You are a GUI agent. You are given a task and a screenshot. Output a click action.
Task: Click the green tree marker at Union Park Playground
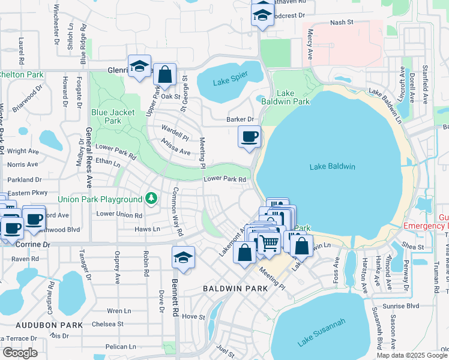(152, 199)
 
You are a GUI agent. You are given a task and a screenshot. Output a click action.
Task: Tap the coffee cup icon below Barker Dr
(250, 136)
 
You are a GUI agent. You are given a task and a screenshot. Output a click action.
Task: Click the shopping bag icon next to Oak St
(165, 75)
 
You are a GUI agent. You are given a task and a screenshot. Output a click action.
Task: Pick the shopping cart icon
(270, 242)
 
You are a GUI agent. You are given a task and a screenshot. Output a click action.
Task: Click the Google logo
(20, 352)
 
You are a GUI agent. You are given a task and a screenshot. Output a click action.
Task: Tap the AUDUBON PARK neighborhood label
(41, 325)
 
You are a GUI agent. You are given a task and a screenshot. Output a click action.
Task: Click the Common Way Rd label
(178, 211)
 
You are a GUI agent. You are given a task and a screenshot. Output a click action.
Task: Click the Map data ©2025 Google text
(412, 355)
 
